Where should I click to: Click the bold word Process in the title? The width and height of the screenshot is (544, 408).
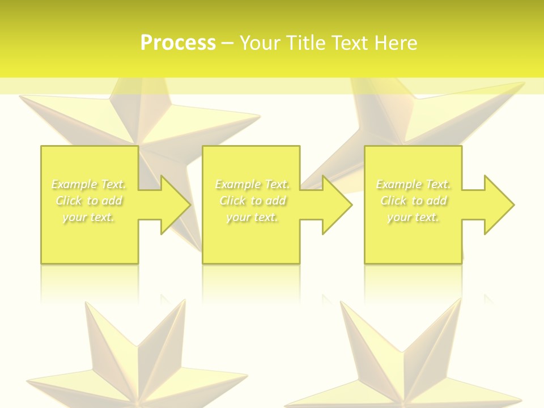(x=178, y=43)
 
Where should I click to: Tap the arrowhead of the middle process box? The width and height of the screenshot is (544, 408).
(x=337, y=205)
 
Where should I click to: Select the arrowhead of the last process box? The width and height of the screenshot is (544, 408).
(x=499, y=205)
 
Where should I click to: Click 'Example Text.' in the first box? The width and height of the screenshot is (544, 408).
(x=89, y=184)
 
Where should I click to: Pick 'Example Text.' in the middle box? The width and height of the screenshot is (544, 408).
(x=252, y=184)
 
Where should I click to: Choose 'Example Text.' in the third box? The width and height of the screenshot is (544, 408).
(x=413, y=184)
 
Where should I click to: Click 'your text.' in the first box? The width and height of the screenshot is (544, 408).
(x=89, y=217)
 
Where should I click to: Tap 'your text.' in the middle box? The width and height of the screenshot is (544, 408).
(x=252, y=217)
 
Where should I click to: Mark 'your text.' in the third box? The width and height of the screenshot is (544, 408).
(x=413, y=217)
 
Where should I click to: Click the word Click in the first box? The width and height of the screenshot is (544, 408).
(x=69, y=201)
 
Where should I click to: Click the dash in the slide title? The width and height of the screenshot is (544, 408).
(x=228, y=43)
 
